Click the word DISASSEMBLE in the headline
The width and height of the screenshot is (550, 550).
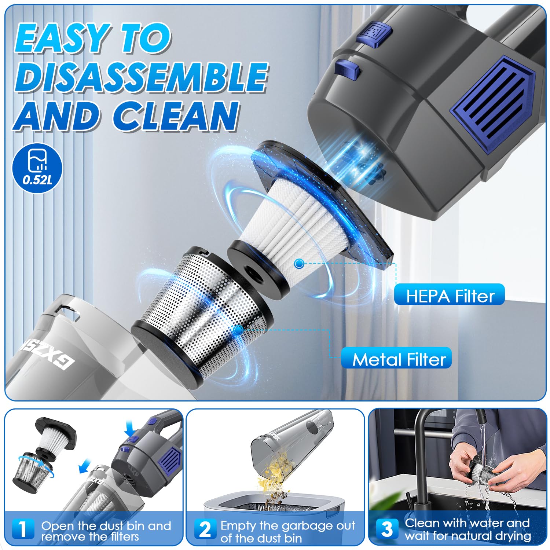click(x=141, y=77)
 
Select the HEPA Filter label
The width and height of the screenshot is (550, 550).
click(x=450, y=296)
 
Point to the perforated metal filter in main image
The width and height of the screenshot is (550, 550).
click(x=205, y=301)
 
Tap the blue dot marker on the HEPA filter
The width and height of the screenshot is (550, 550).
click(x=300, y=263)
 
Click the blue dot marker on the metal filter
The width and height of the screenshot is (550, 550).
click(x=238, y=330)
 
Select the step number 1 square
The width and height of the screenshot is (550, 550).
click(x=23, y=529)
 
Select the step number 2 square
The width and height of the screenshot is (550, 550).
click(x=205, y=529)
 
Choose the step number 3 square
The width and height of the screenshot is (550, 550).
click(x=387, y=529)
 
